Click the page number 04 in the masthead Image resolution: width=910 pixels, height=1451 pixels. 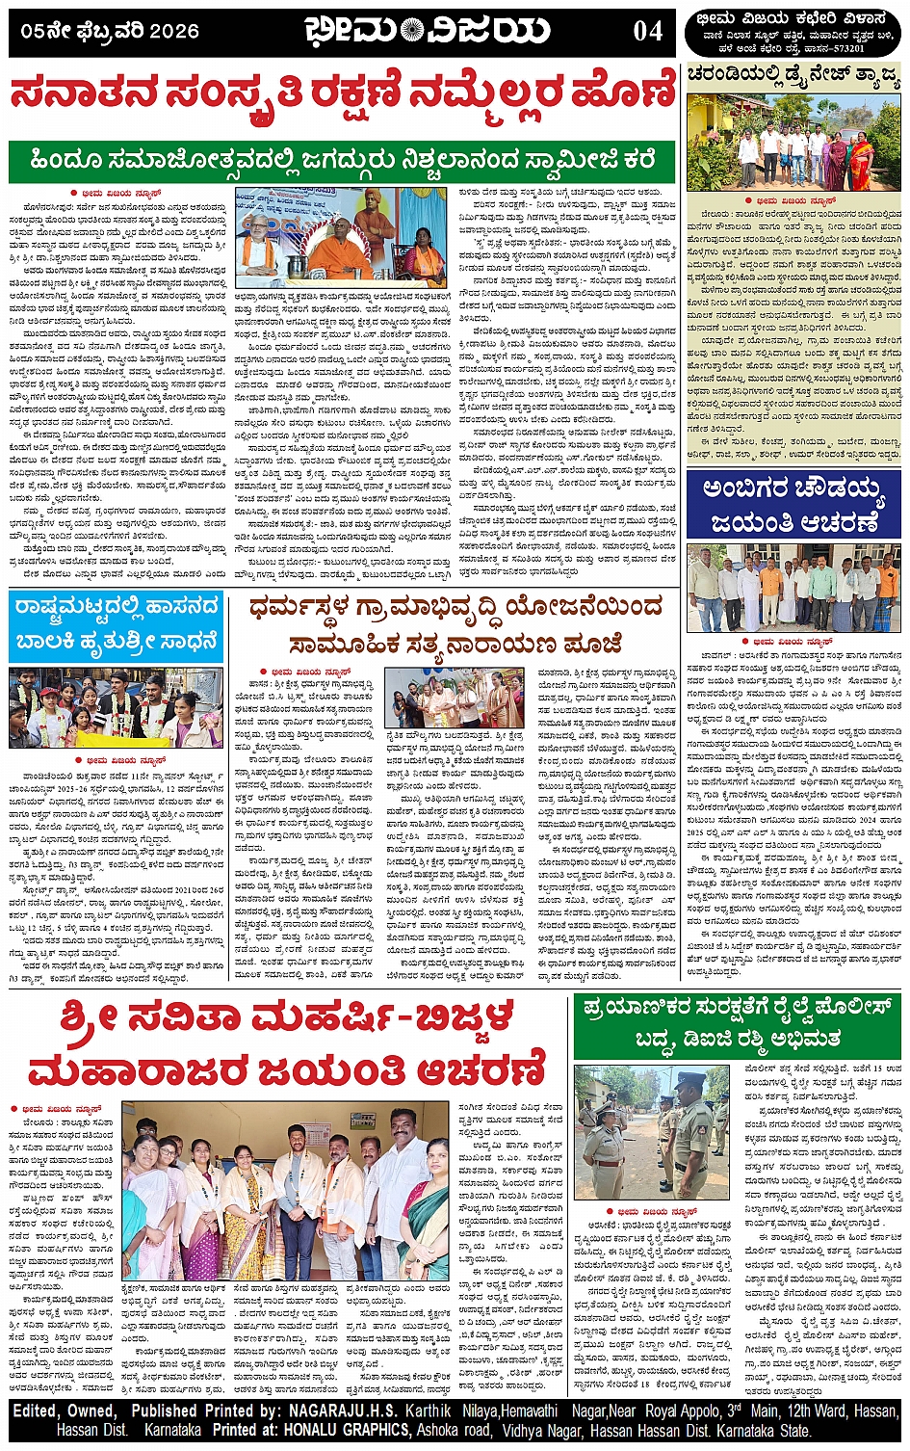647,32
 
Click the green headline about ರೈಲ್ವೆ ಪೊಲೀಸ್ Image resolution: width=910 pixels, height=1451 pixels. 739,1021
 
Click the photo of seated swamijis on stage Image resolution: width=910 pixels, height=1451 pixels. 342,237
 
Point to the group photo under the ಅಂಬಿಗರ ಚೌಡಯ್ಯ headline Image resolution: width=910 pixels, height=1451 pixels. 793,587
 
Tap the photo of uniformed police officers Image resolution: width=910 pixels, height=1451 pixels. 651,1132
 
